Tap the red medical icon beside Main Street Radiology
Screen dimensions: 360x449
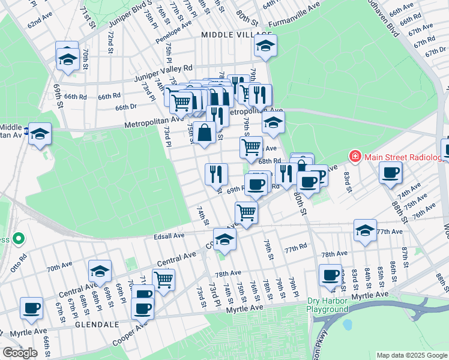point(355,157)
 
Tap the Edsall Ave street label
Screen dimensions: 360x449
point(170,236)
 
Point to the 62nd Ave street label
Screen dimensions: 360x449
point(42,21)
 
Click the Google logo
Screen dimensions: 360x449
point(20,353)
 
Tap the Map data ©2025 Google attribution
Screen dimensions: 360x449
point(411,355)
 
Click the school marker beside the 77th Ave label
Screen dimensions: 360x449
point(365,231)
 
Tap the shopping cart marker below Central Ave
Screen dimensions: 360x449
point(163,278)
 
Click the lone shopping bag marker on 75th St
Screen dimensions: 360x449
point(205,133)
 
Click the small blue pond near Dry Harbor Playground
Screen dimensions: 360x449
point(346,324)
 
